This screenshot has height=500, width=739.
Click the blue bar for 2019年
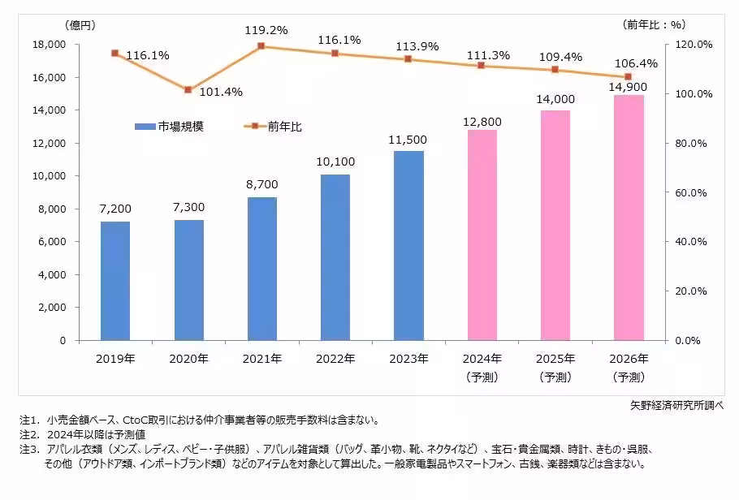click(x=115, y=281)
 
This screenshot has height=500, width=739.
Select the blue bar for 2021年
click(x=261, y=269)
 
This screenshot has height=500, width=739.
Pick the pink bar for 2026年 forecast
click(x=629, y=218)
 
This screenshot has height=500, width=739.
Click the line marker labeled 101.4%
click(x=188, y=89)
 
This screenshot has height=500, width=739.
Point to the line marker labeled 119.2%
click(x=261, y=46)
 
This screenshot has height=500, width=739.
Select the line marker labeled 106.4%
click(x=629, y=77)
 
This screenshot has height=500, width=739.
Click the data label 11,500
click(x=408, y=140)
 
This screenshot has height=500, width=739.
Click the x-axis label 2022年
click(x=335, y=358)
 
